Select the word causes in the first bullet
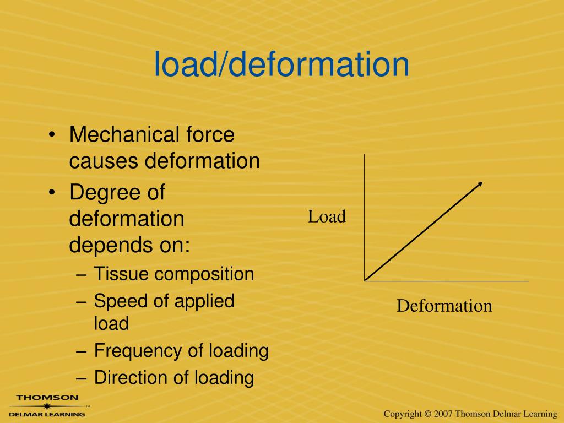[104, 161]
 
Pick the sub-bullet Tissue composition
[173, 274]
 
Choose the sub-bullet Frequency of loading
[181, 350]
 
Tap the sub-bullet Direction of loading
[173, 378]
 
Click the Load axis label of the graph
[327, 217]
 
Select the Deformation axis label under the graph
[444, 306]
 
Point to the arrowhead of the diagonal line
[480, 183]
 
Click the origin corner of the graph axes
[365, 281]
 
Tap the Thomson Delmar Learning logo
[47, 405]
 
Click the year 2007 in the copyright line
[443, 414]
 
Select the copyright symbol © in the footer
[427, 414]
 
